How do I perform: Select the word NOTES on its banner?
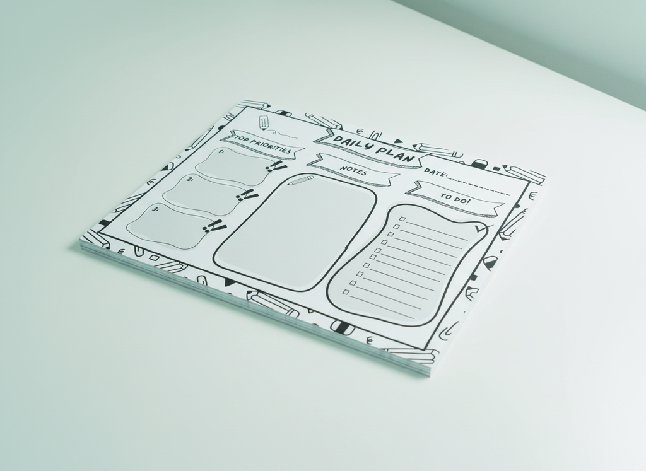pyautogui.click(x=353, y=170)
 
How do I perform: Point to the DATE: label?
pyautogui.click(x=435, y=173)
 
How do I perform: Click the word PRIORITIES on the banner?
pyautogui.click(x=272, y=146)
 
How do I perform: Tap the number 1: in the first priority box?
pyautogui.click(x=221, y=152)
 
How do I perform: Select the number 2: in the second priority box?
pyautogui.click(x=190, y=180)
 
